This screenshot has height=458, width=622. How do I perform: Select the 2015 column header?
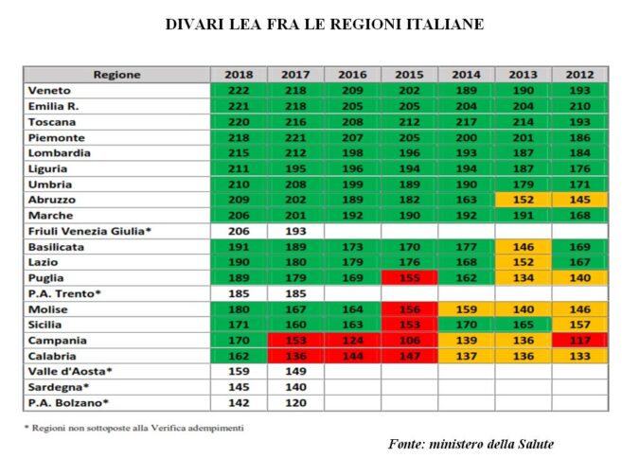409,75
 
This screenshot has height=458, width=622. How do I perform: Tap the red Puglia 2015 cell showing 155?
409,278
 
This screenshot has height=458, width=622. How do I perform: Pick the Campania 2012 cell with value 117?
579,341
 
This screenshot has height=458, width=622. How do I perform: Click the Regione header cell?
117,75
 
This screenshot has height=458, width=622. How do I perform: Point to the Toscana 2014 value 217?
466,122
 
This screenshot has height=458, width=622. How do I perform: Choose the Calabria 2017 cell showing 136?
295,356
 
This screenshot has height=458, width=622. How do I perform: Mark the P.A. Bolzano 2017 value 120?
295,403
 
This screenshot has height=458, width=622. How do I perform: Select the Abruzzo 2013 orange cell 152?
523,201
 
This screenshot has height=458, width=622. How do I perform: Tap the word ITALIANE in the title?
438,24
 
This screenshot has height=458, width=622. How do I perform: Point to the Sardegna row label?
56,387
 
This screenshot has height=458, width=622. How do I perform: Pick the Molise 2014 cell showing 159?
466,309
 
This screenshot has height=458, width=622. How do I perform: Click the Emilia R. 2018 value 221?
239,106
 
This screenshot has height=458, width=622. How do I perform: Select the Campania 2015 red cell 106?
409,341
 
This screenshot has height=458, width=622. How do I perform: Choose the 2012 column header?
579,75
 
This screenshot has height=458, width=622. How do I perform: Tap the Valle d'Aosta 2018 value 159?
239,372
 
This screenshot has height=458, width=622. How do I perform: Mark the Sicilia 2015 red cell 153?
409,325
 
